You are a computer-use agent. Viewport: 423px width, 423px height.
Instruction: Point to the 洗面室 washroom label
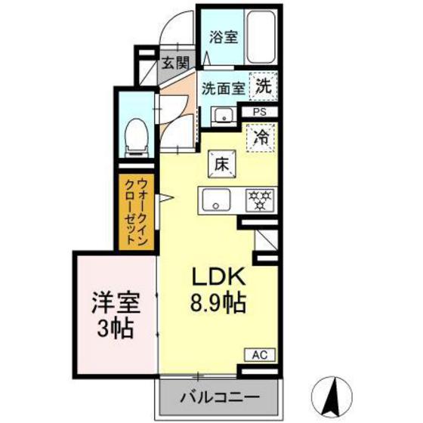(x=222, y=88)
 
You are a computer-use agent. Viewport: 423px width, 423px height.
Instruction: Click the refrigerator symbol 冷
(x=261, y=137)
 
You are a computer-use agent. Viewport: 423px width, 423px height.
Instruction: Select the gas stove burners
(x=261, y=200)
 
